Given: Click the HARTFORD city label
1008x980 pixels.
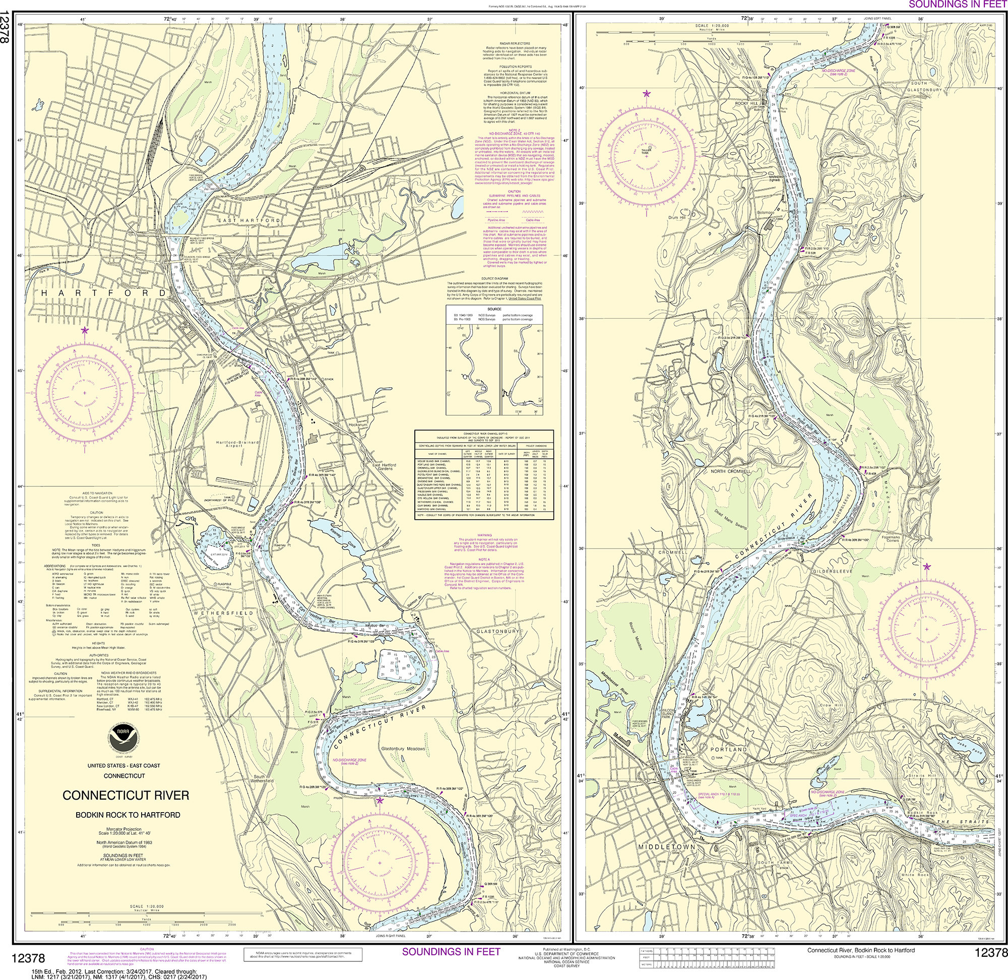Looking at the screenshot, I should (103, 292).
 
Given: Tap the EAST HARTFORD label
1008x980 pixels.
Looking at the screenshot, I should (248, 220).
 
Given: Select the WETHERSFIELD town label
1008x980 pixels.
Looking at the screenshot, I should (224, 614).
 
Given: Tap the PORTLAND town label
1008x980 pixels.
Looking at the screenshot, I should (728, 750).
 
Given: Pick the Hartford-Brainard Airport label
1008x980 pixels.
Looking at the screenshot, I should (229, 444).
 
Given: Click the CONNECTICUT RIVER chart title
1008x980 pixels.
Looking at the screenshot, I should (125, 795).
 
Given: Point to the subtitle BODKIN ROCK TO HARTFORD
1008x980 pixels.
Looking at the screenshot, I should (128, 815).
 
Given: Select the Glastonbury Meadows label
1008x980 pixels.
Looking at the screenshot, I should (403, 749).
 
